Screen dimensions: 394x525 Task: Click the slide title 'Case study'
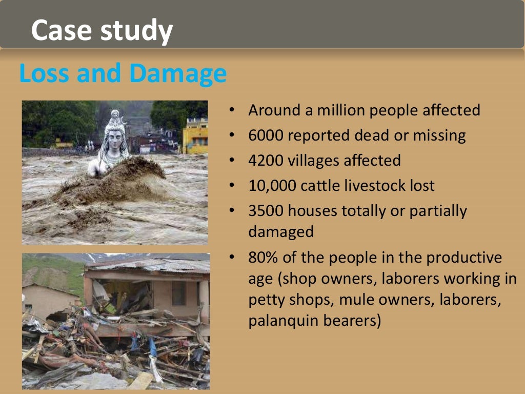point(102,31)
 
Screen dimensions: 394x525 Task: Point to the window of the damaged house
point(179,293)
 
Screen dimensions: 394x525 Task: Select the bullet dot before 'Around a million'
point(232,110)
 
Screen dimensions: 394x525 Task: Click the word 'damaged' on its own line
point(280,231)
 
